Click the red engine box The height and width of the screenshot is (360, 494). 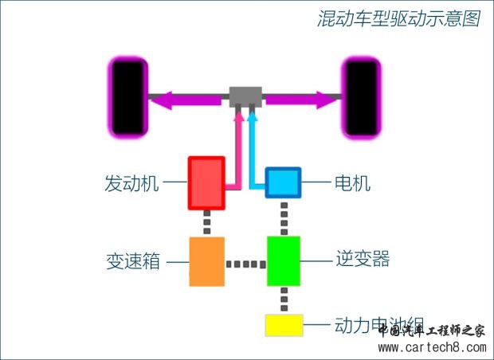pos(206,183)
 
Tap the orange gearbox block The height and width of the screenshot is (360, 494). pos(206,261)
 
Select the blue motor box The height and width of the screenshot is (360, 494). pos(283,182)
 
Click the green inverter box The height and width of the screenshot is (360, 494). pos(284,261)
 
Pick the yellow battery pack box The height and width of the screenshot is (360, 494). pos(284,326)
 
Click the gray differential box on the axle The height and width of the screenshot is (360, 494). pos(245,97)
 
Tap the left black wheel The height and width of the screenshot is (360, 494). pos(127,97)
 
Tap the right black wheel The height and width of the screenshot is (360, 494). pos(360,97)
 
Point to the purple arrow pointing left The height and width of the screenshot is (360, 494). pos(187,99)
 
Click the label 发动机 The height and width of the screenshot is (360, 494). pos(131,183)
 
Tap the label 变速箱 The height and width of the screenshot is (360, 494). pos(131,261)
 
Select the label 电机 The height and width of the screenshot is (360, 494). pos(353,183)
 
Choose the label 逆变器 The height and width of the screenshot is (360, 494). pos(363,260)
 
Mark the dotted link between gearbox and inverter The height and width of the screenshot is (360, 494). pos(245,263)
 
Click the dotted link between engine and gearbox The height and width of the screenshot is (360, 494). pos(206,223)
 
